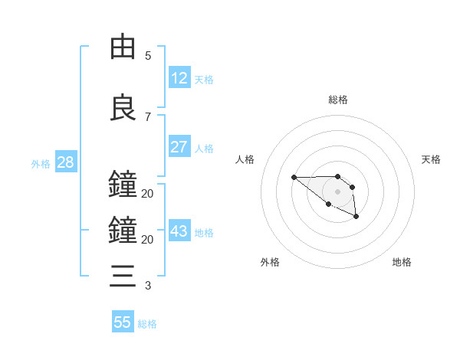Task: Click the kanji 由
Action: [x=123, y=47]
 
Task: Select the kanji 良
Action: [x=123, y=108]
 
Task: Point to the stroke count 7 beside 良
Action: [x=148, y=117]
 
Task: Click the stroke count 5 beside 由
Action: [x=148, y=56]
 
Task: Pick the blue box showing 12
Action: [x=179, y=78]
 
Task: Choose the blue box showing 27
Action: [x=179, y=147]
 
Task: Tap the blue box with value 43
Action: [x=179, y=231]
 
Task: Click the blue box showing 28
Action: [x=65, y=162]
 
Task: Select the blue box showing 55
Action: [x=123, y=322]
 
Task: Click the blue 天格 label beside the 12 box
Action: [x=204, y=80]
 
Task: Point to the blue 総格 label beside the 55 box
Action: [x=147, y=324]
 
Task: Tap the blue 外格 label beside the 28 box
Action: [x=41, y=164]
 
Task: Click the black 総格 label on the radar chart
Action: [x=337, y=100]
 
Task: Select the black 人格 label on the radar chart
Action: [x=245, y=159]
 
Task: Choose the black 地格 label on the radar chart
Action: [x=402, y=262]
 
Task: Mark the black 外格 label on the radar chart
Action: [x=270, y=262]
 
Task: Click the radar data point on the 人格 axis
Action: [x=294, y=177]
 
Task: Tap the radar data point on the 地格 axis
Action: [x=356, y=218]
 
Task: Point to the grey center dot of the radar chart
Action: [x=337, y=191]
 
